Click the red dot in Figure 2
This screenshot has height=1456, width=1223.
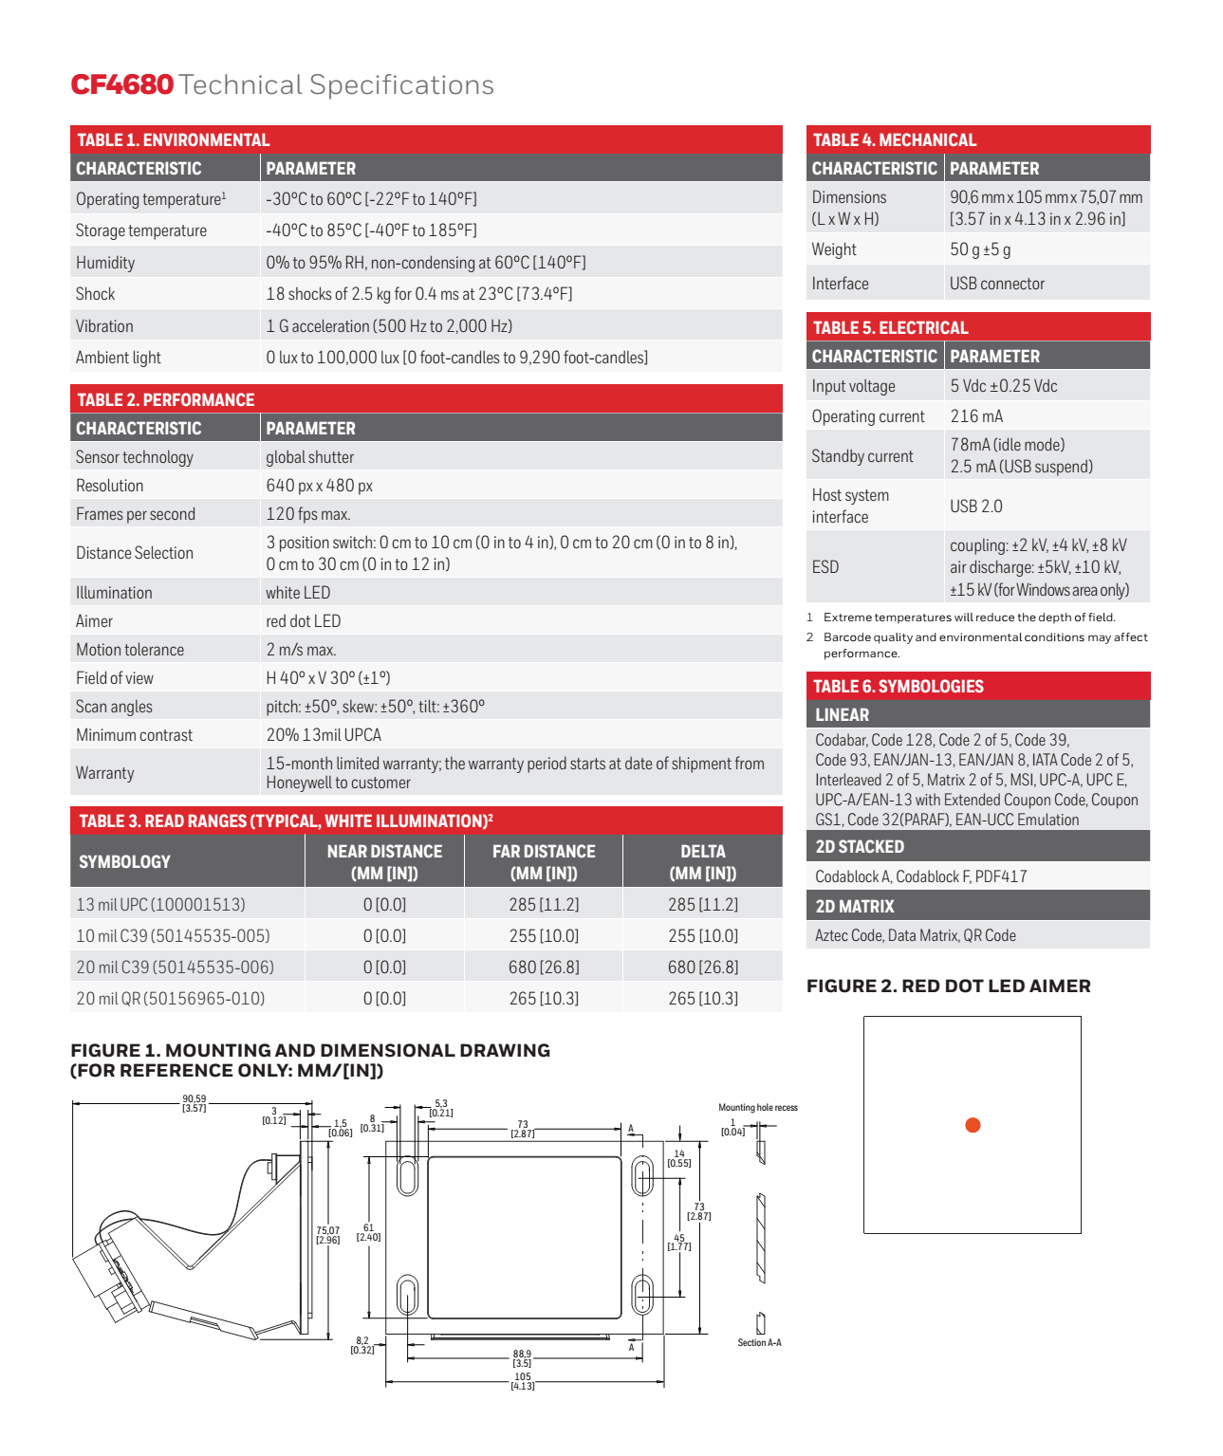tap(973, 1125)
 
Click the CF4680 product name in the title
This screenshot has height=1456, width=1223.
tap(122, 85)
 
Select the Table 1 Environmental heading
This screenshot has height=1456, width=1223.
tap(174, 140)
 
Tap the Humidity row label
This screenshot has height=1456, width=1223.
tap(105, 263)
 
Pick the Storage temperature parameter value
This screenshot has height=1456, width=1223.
tap(371, 230)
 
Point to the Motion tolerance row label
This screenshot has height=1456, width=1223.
tap(130, 650)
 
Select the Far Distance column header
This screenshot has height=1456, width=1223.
tap(544, 861)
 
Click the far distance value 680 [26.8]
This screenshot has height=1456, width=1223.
tap(544, 968)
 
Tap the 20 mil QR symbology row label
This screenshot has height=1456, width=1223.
tap(171, 999)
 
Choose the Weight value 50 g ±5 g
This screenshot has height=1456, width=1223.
tap(980, 249)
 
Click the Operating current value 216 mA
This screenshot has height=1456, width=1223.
tap(976, 416)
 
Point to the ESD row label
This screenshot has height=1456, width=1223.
tap(825, 567)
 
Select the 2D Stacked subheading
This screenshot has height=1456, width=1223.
tap(860, 847)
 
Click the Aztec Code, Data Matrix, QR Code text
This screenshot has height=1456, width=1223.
tap(916, 936)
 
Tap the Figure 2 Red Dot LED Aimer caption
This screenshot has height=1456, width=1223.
tap(948, 986)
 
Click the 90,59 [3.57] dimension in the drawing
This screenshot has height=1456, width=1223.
tap(195, 1103)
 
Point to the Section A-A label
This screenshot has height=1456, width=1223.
tap(759, 1343)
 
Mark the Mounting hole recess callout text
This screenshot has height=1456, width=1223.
tap(757, 1108)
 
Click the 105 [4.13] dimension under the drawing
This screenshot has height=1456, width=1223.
tap(523, 1381)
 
